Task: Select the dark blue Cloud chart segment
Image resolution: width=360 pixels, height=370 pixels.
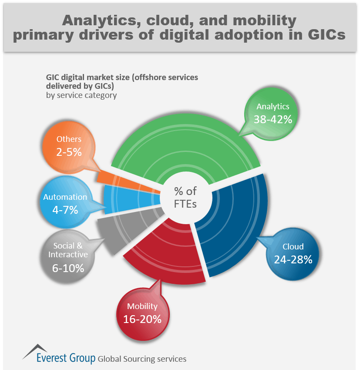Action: pyautogui.click(x=235, y=226)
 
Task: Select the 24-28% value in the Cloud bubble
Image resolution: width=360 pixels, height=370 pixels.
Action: pyautogui.click(x=293, y=260)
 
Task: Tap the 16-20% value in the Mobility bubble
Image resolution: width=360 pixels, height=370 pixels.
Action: pyautogui.click(x=142, y=319)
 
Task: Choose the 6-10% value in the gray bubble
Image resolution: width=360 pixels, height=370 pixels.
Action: pyautogui.click(x=68, y=268)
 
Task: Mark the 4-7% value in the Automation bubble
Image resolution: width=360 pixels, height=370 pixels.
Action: pyautogui.click(x=65, y=210)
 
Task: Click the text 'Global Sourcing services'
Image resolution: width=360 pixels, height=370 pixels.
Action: pyautogui.click(x=142, y=359)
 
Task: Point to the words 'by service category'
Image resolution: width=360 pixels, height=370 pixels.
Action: pyautogui.click(x=81, y=95)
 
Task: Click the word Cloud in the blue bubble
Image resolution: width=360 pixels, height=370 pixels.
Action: pyautogui.click(x=293, y=247)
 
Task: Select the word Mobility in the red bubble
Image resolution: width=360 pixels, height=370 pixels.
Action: pyautogui.click(x=142, y=306)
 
